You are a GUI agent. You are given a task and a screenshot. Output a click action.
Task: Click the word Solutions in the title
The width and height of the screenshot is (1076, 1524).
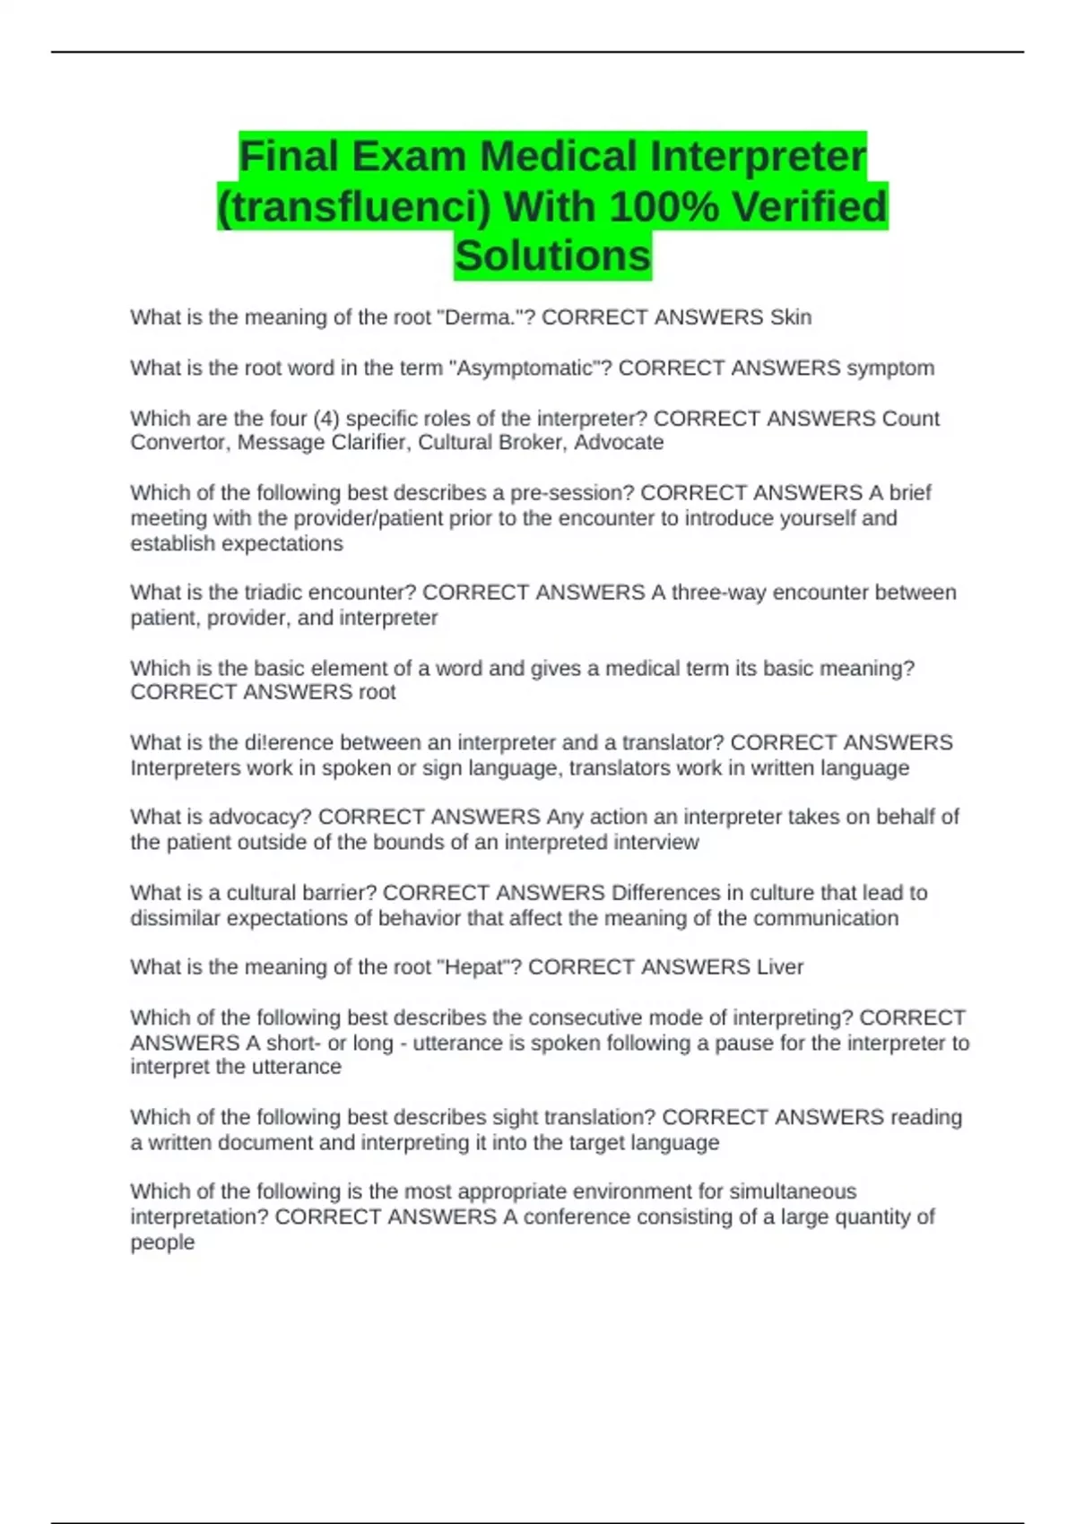(x=552, y=255)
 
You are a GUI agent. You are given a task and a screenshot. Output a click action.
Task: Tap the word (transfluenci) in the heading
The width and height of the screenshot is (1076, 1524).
(x=354, y=206)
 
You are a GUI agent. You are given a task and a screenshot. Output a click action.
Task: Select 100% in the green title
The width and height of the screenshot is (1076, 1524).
(x=663, y=206)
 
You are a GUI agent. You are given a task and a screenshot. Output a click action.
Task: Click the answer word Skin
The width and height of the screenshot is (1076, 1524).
(x=790, y=317)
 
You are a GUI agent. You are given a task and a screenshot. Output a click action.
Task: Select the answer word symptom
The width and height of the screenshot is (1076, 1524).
(x=890, y=368)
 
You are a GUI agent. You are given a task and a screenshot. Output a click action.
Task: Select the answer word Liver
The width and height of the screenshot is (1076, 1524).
(x=779, y=967)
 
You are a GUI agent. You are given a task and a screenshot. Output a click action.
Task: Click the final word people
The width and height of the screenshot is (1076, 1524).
(x=162, y=1243)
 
